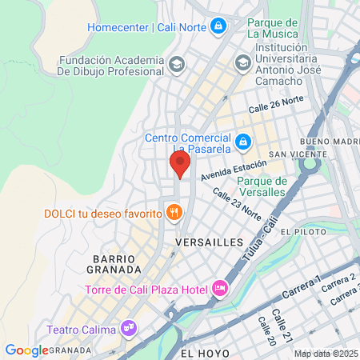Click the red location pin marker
point(180,165)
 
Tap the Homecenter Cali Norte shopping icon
point(218,27)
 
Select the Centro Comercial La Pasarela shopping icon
point(245,143)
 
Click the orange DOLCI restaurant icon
point(173,212)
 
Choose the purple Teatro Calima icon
point(127,328)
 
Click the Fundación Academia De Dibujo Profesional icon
point(176,63)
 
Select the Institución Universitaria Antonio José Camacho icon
point(242,62)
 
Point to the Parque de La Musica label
point(273,27)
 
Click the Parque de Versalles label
point(262,186)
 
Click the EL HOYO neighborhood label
point(205,352)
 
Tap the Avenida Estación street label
point(232,173)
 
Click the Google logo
point(26,350)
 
